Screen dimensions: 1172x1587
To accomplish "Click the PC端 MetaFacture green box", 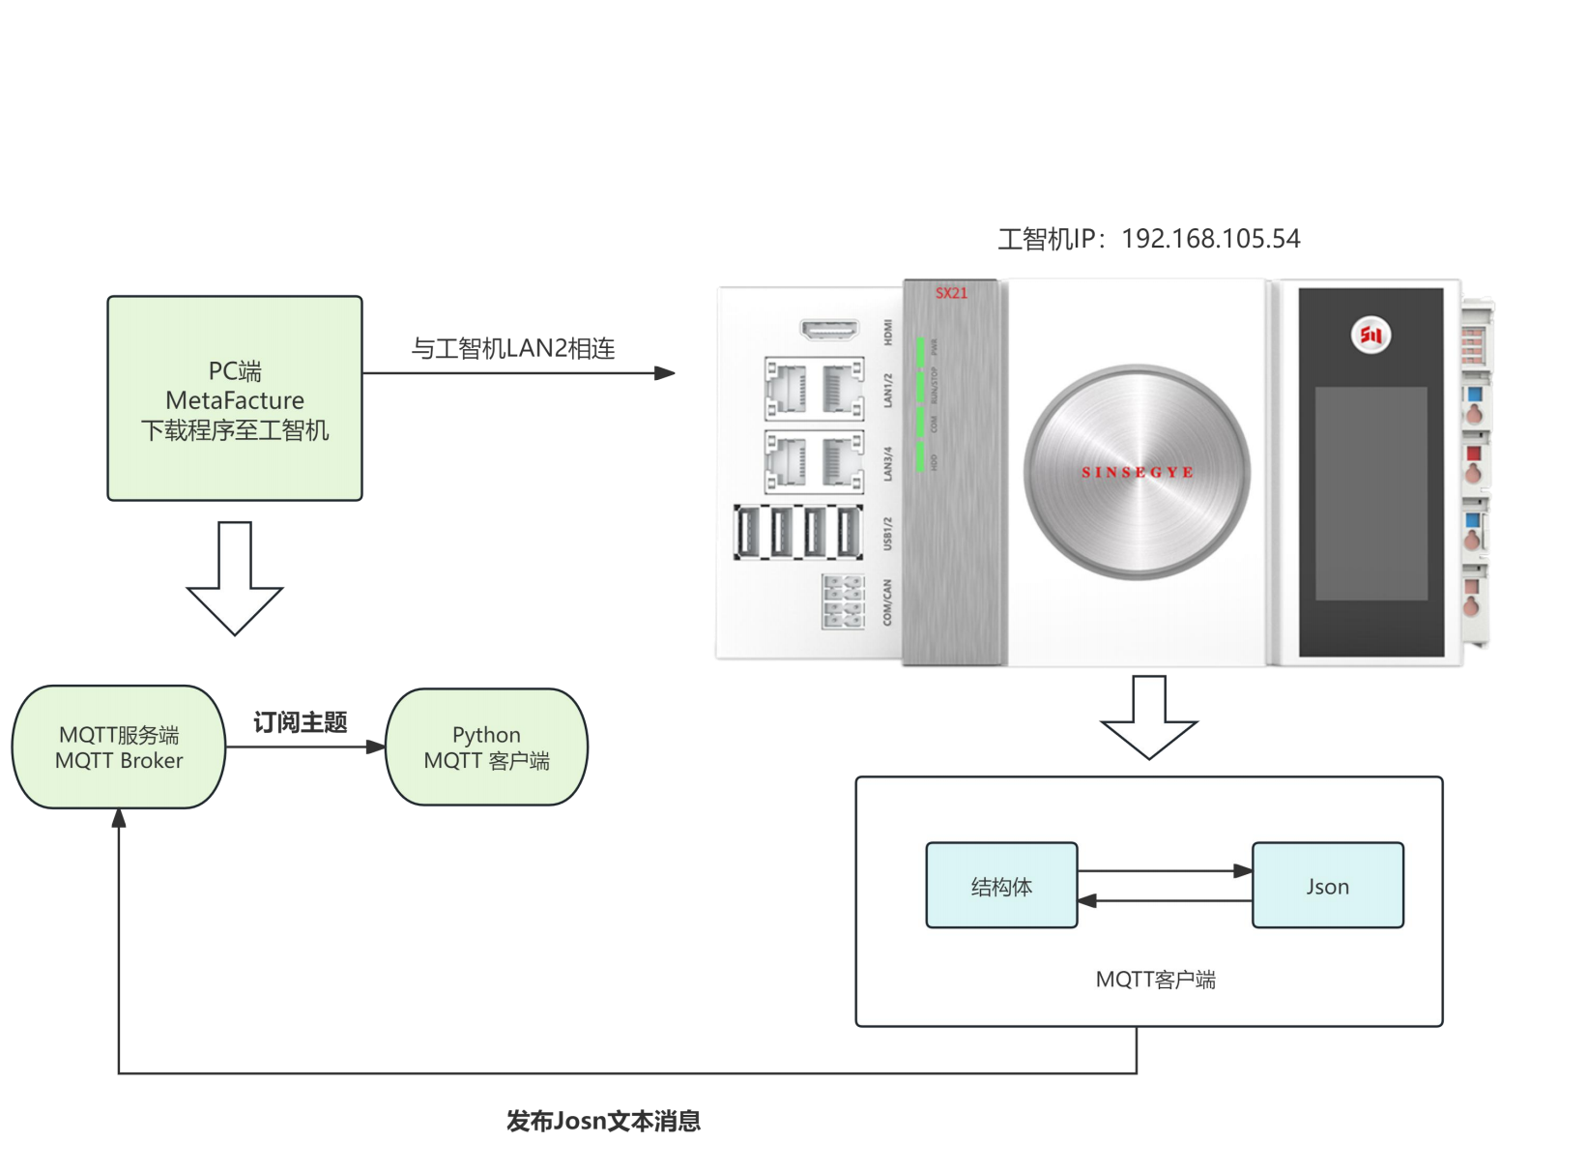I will click(235, 398).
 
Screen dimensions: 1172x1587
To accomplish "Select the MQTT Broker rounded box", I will click(118, 747).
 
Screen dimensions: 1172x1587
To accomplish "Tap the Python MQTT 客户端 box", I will click(486, 747).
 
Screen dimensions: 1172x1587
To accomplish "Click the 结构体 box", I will click(1001, 886).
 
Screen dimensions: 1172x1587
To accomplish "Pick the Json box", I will click(1327, 886).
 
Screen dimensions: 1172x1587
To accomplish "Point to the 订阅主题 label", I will click(300, 722).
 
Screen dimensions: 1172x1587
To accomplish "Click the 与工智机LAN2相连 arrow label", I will click(513, 348).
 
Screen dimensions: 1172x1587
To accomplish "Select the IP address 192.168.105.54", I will click(1210, 239).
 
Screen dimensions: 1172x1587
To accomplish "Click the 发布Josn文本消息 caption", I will click(603, 1121).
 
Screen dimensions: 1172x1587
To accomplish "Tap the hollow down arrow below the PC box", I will click(235, 580).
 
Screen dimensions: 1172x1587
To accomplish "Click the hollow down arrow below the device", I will click(1148, 718).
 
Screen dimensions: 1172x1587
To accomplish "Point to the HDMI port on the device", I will click(829, 330).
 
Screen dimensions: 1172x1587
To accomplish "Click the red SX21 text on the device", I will click(951, 293).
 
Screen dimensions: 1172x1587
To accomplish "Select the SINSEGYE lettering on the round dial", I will click(1137, 472).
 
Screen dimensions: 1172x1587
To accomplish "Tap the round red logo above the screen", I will click(1370, 335).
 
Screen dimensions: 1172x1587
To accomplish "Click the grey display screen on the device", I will click(1371, 493).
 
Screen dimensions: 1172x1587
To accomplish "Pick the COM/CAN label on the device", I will click(887, 601).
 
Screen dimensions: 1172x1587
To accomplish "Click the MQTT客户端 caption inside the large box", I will click(1155, 980).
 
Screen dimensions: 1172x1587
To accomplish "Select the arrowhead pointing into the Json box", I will click(1243, 871).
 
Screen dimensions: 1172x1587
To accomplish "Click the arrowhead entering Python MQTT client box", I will click(376, 747).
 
